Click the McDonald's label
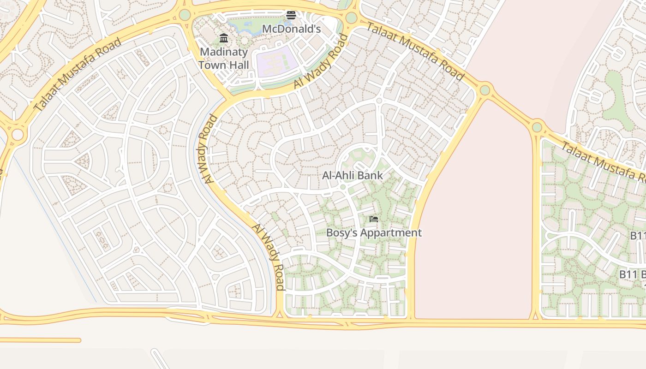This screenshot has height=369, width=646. click(x=291, y=29)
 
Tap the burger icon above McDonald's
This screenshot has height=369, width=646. click(x=291, y=15)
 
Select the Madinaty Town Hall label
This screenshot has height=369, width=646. click(x=224, y=59)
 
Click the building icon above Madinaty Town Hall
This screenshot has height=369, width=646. click(x=224, y=38)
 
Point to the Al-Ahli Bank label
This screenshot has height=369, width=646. click(x=353, y=175)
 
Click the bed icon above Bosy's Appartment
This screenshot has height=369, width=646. click(x=374, y=219)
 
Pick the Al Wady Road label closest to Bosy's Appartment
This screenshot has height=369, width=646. click(x=268, y=257)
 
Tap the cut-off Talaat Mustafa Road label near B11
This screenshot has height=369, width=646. click(x=602, y=161)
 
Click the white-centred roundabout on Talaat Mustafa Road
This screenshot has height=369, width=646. click(x=18, y=135)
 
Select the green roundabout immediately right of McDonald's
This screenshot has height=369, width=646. click(x=351, y=18)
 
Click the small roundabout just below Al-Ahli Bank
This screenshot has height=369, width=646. click(x=343, y=187)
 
